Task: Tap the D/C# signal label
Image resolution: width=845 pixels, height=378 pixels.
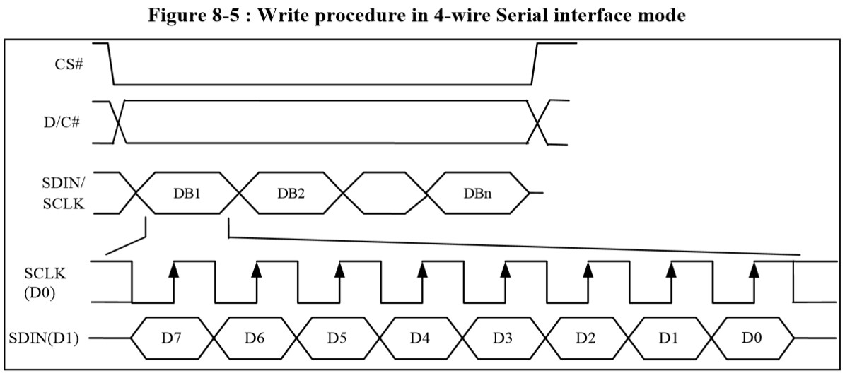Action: click(x=62, y=122)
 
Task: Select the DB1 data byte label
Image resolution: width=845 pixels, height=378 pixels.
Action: click(x=187, y=194)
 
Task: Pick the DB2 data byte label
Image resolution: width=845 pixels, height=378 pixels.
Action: click(x=291, y=194)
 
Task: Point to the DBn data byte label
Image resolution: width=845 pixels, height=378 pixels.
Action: click(x=476, y=194)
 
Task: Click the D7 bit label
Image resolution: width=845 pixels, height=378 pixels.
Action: click(x=171, y=338)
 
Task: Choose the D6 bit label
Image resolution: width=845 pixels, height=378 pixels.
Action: click(x=254, y=338)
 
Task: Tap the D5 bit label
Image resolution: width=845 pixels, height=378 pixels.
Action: click(x=337, y=338)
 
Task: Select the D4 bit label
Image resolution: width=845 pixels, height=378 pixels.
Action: click(x=420, y=338)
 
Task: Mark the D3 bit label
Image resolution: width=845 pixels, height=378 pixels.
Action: click(x=503, y=338)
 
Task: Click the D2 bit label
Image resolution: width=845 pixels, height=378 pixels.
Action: click(x=585, y=338)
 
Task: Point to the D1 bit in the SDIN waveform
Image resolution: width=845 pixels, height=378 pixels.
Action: click(x=668, y=338)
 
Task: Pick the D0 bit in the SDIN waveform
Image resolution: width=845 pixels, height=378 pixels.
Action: click(x=751, y=338)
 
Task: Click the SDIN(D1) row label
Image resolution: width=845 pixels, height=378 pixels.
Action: click(x=44, y=338)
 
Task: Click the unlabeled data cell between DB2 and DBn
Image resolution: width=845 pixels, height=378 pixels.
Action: click(x=384, y=194)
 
